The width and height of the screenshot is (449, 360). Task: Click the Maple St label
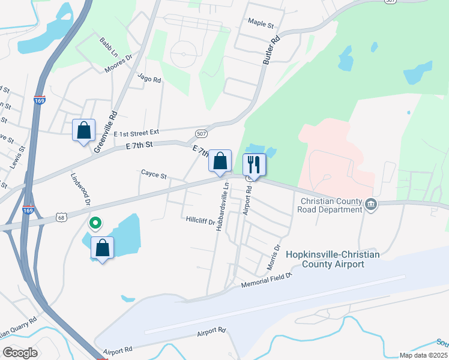261,26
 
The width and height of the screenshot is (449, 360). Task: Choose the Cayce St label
154,175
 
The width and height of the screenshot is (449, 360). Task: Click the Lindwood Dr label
80,190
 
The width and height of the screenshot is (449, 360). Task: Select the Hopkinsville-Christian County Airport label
333,259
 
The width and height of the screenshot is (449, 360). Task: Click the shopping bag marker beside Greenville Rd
83,130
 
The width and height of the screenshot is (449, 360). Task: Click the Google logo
20,353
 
